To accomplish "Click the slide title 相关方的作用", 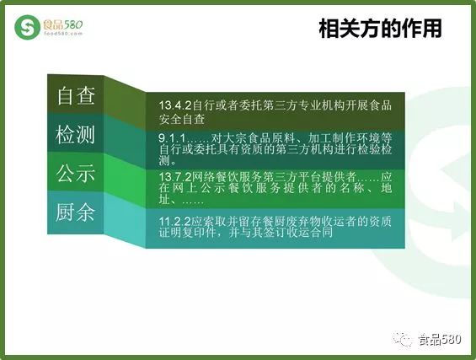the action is coord(380,29).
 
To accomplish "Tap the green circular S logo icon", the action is coord(27,27).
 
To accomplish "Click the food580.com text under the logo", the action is coord(63,34).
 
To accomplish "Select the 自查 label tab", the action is coord(76,96).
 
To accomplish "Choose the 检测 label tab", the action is coord(75,134).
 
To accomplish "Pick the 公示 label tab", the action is coord(76,173).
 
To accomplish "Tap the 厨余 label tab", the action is coord(75,212).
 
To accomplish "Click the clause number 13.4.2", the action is coord(175,105).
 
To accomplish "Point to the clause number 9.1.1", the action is coord(172,138).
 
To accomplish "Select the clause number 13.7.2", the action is coord(175,177).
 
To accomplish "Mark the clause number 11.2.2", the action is coord(175,221).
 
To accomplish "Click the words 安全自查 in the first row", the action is coord(182,119).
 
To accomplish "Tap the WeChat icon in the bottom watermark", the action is coord(402,339).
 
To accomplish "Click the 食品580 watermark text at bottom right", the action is coord(440,339).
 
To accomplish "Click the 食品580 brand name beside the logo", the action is coord(63,24).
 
